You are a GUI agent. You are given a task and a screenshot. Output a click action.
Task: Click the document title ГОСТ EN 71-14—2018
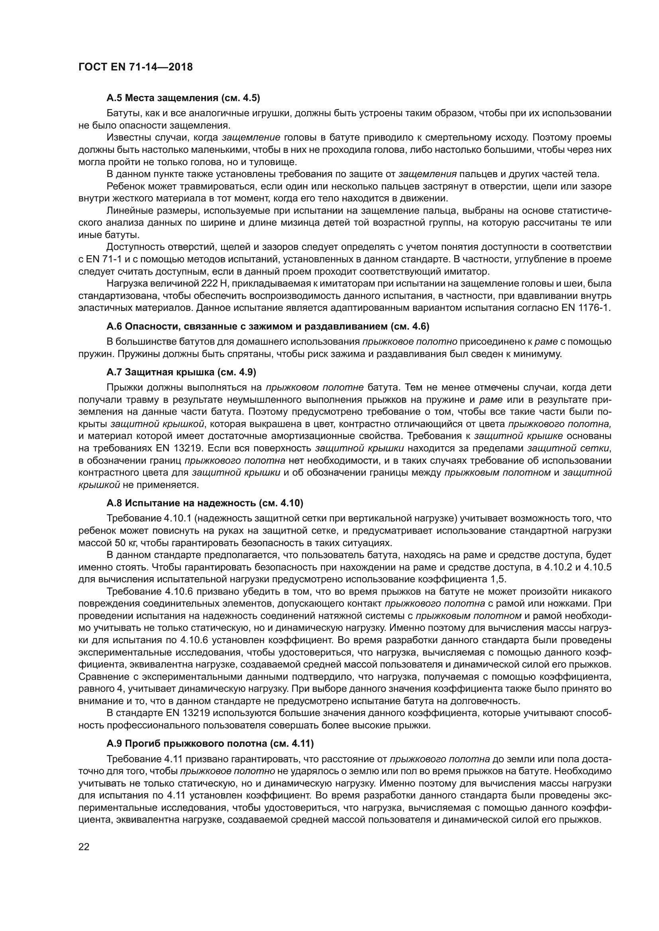point(135,67)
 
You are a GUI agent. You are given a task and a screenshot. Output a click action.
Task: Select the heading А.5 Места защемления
point(183,98)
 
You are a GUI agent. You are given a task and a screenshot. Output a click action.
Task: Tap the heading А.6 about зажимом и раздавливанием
point(268,326)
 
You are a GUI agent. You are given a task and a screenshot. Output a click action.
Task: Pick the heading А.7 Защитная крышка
point(181,372)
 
